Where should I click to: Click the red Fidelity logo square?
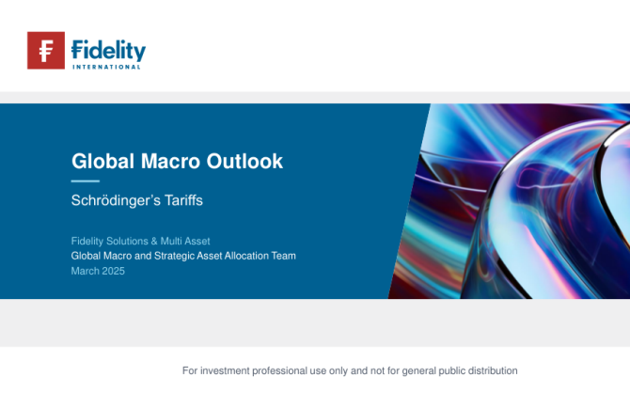click(46, 50)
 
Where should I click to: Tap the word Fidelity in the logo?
click(108, 51)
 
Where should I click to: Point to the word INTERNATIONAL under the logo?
click(106, 67)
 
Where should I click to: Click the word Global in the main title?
click(102, 161)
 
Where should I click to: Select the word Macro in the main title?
click(170, 161)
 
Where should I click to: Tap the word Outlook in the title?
click(244, 161)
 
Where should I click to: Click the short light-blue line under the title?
click(86, 181)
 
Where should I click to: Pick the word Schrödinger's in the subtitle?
click(115, 200)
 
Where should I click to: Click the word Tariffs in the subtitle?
click(183, 200)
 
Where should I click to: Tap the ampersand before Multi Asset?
click(154, 241)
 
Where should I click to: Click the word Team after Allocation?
click(284, 256)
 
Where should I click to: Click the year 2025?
click(113, 271)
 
